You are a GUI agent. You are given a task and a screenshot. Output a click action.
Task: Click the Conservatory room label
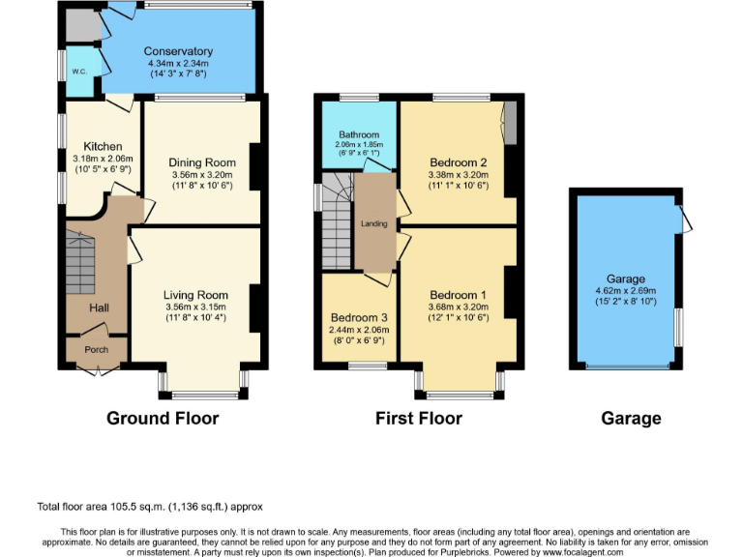[x=178, y=51]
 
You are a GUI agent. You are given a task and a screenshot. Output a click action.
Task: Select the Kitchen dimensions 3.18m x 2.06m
[x=102, y=159]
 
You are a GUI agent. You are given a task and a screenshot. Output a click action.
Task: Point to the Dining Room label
[x=201, y=162]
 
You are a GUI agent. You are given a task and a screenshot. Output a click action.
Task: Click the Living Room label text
[x=197, y=295]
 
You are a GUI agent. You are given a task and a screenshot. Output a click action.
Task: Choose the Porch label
[x=96, y=350]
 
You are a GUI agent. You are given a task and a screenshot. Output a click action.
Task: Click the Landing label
[x=374, y=224]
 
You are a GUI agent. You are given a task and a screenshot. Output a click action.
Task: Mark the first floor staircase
[x=337, y=227]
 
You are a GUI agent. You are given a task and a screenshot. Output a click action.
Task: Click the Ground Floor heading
[x=162, y=419]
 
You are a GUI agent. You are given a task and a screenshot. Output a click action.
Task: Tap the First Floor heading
[x=418, y=419]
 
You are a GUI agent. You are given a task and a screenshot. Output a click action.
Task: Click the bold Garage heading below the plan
[x=631, y=419]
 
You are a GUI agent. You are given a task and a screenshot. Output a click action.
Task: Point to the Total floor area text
[x=150, y=506]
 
